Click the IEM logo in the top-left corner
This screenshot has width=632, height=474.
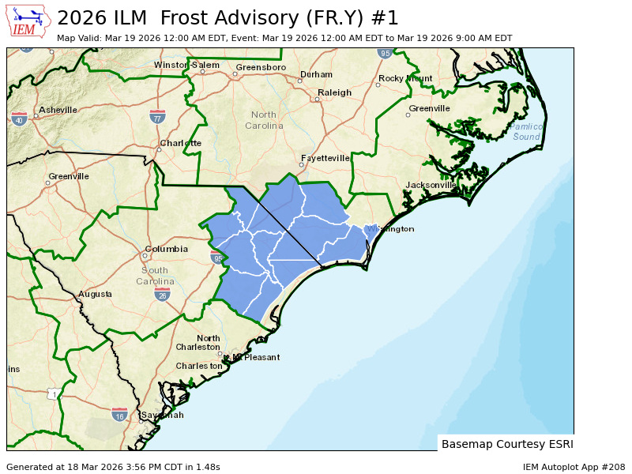tap(28, 21)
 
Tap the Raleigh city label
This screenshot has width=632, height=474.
tap(334, 92)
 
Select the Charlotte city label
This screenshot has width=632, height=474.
tap(181, 143)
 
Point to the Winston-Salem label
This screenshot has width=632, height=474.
tap(187, 65)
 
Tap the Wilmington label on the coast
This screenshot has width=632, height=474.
tap(389, 229)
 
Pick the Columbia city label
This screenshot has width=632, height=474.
tap(167, 249)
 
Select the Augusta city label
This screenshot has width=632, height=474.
tap(95, 294)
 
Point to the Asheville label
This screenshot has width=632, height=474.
tap(58, 110)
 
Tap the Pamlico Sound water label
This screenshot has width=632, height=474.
tap(527, 131)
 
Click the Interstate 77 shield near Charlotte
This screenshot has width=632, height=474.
tap(157, 118)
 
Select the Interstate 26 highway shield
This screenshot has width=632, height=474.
tap(162, 295)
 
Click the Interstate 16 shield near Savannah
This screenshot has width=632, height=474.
tap(119, 415)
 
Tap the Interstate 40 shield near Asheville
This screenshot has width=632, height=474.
tap(20, 118)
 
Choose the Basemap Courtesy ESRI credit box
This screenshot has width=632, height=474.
tap(506, 443)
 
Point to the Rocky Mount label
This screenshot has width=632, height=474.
tap(406, 78)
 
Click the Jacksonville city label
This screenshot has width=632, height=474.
tap(431, 185)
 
